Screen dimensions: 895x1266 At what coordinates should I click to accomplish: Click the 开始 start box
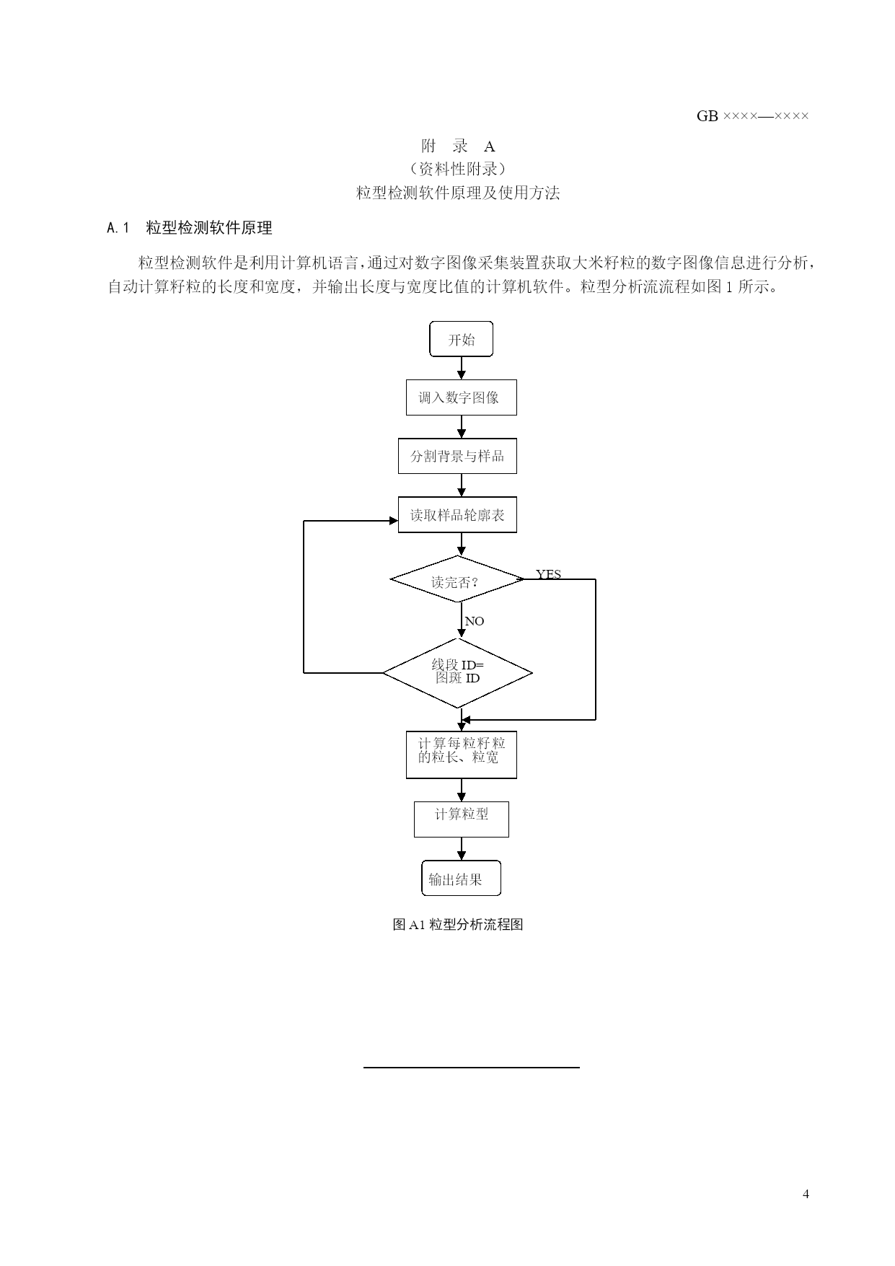click(461, 339)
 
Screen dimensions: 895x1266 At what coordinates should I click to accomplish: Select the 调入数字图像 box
click(461, 397)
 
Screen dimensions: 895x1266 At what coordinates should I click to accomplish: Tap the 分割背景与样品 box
click(457, 456)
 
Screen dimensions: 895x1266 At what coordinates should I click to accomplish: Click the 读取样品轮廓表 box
click(457, 515)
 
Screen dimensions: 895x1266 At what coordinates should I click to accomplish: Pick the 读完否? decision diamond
click(457, 579)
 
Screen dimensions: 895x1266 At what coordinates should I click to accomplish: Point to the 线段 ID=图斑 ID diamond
click(457, 673)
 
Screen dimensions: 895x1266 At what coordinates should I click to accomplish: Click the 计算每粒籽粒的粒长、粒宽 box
click(461, 755)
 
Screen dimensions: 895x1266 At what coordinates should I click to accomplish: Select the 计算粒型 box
click(461, 819)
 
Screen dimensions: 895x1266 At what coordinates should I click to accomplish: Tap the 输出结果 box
click(461, 878)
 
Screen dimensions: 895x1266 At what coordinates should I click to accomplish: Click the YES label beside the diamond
click(548, 574)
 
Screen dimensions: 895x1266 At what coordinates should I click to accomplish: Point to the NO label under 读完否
click(475, 621)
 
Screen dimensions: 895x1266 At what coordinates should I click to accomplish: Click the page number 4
click(806, 1194)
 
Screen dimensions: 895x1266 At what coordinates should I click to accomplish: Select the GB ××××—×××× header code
click(752, 116)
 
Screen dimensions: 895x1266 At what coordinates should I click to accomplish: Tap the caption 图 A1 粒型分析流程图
click(457, 925)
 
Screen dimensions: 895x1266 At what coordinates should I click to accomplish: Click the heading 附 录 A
click(458, 146)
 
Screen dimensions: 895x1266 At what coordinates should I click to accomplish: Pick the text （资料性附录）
click(458, 169)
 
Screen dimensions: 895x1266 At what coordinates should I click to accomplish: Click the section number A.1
click(118, 228)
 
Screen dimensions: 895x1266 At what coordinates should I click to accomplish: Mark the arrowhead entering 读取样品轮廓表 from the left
click(394, 521)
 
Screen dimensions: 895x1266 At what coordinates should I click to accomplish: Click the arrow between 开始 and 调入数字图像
click(462, 368)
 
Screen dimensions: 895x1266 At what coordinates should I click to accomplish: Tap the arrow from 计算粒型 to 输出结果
click(462, 848)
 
